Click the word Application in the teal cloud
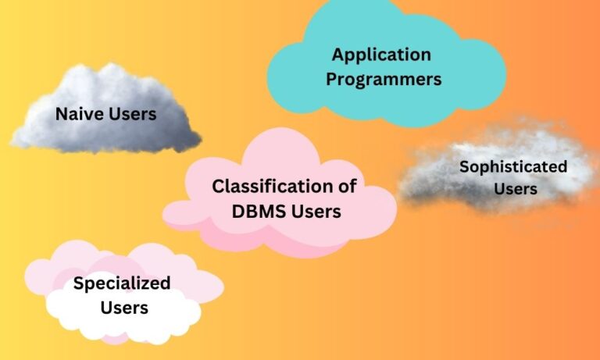(x=381, y=55)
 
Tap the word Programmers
(x=384, y=80)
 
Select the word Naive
(x=79, y=114)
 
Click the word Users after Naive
(x=132, y=114)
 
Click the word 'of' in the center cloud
(x=345, y=187)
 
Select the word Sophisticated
(x=513, y=168)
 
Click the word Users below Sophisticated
(x=516, y=189)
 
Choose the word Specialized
(x=122, y=284)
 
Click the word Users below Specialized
(x=124, y=308)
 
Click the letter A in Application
(x=337, y=55)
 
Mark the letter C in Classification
(x=219, y=187)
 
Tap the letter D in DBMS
(x=238, y=212)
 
